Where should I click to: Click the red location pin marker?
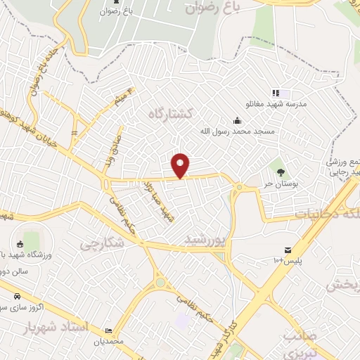coord(181,165)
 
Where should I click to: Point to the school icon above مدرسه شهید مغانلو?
coord(276,93)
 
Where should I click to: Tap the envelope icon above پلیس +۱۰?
coord(288,250)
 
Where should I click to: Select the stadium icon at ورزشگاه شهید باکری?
coord(20,244)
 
